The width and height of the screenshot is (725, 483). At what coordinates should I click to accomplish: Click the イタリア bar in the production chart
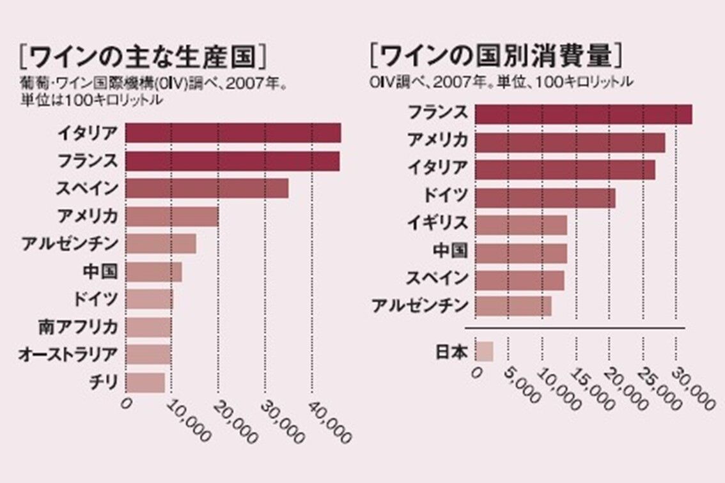click(233, 133)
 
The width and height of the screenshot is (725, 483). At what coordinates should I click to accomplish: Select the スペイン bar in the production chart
click(207, 188)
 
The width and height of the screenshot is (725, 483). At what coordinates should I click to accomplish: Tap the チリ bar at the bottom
click(145, 383)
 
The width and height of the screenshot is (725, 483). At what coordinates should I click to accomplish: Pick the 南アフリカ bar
click(148, 327)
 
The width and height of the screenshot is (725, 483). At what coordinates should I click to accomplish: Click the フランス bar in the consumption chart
click(584, 114)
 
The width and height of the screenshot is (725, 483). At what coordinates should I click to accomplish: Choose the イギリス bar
click(521, 224)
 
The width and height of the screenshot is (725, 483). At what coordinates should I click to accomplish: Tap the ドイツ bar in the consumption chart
click(545, 197)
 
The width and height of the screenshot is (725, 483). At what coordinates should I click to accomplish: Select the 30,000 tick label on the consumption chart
click(694, 390)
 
